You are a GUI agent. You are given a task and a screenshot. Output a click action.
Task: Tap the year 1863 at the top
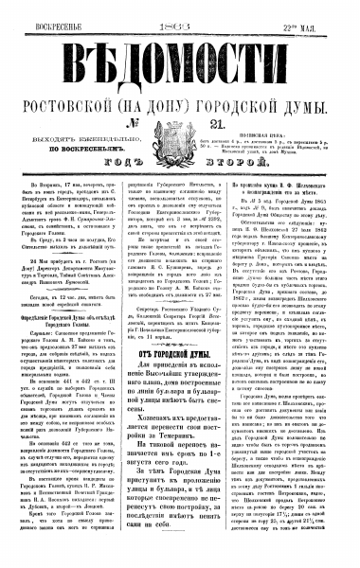click(181, 12)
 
